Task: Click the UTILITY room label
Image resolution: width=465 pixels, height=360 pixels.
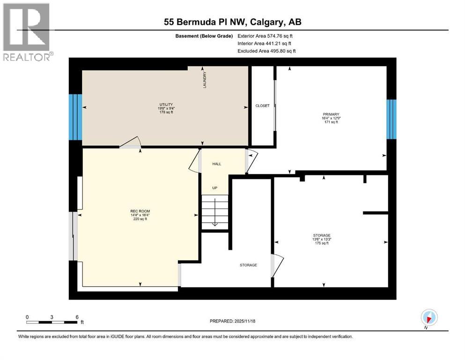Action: [166, 104]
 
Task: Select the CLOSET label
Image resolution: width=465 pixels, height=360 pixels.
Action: [262, 106]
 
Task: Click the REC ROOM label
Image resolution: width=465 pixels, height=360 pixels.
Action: [140, 211]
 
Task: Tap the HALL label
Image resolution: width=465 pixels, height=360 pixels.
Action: [216, 164]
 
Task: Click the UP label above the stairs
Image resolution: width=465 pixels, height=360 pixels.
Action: [215, 188]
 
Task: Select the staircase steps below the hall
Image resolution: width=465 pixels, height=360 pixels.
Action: [215, 212]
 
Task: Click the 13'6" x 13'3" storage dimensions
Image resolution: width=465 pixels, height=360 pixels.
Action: [322, 239]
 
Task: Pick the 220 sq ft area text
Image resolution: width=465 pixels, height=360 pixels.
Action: [140, 219]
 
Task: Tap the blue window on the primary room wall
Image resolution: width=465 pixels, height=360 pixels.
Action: [391, 119]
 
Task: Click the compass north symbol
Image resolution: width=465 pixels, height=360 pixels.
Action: [428, 317]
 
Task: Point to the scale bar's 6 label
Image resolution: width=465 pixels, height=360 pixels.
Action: [77, 317]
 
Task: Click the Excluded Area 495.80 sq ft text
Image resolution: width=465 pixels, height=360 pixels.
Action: [266, 51]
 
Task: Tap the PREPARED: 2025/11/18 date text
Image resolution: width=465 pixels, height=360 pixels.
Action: [232, 321]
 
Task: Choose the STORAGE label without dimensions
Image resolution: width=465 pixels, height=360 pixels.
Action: [248, 265]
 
